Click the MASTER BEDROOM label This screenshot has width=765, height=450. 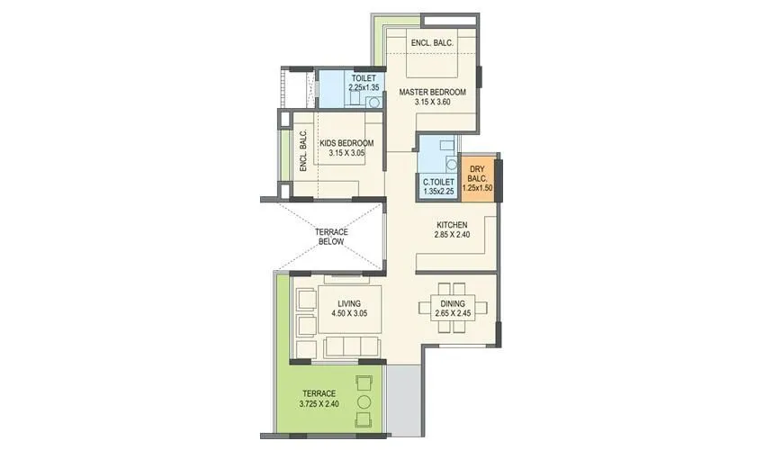(432, 92)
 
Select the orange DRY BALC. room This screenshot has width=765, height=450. (476, 178)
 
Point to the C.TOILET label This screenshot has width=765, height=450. (439, 181)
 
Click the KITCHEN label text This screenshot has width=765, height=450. (452, 225)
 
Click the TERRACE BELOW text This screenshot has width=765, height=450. (330, 237)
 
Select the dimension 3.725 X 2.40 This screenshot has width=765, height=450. (319, 404)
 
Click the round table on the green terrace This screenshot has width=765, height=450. (365, 401)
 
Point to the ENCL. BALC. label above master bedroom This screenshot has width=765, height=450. (431, 43)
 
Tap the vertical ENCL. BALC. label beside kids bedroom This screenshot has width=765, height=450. (303, 150)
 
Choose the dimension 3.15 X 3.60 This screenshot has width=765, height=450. (432, 102)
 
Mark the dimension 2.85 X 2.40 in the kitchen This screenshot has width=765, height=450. (452, 235)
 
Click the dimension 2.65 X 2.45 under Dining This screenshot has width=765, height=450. (453, 314)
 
